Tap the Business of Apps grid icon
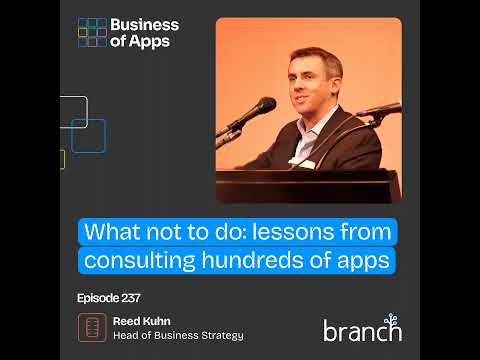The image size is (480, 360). point(93,33)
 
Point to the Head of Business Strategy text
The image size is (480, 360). point(178,336)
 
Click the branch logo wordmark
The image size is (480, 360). point(361,328)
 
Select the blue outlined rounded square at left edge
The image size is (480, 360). point(88,135)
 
